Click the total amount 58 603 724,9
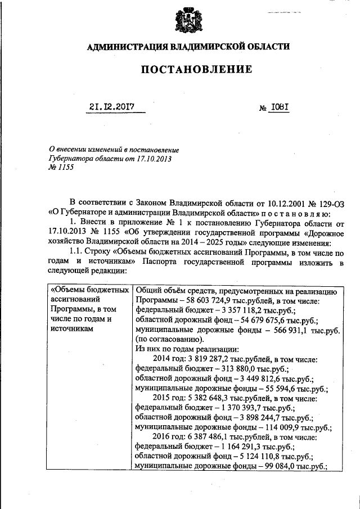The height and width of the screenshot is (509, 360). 196,301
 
